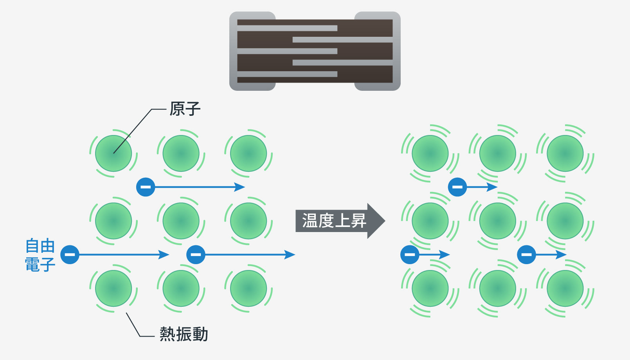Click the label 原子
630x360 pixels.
click(x=185, y=109)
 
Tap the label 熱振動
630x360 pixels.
click(x=184, y=334)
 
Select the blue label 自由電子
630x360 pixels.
click(x=40, y=255)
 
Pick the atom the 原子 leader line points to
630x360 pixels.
click(x=113, y=153)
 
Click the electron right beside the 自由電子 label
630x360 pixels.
click(x=70, y=255)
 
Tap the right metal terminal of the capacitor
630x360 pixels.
click(x=396, y=51)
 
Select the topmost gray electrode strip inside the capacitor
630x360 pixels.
click(x=287, y=28)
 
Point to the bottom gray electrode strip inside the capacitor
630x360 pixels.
click(x=287, y=74)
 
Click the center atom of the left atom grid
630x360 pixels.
click(x=181, y=221)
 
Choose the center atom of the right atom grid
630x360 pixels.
click(x=497, y=221)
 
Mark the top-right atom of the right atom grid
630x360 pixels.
click(x=565, y=153)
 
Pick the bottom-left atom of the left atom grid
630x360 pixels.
click(x=113, y=288)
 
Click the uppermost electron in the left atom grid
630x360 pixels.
click(x=146, y=187)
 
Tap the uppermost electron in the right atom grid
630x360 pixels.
click(x=457, y=187)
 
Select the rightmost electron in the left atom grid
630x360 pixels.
click(x=196, y=255)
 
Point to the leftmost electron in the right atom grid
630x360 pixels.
click(x=410, y=255)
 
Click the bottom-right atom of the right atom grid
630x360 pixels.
click(x=565, y=288)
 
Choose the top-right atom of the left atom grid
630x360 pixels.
click(x=248, y=153)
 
